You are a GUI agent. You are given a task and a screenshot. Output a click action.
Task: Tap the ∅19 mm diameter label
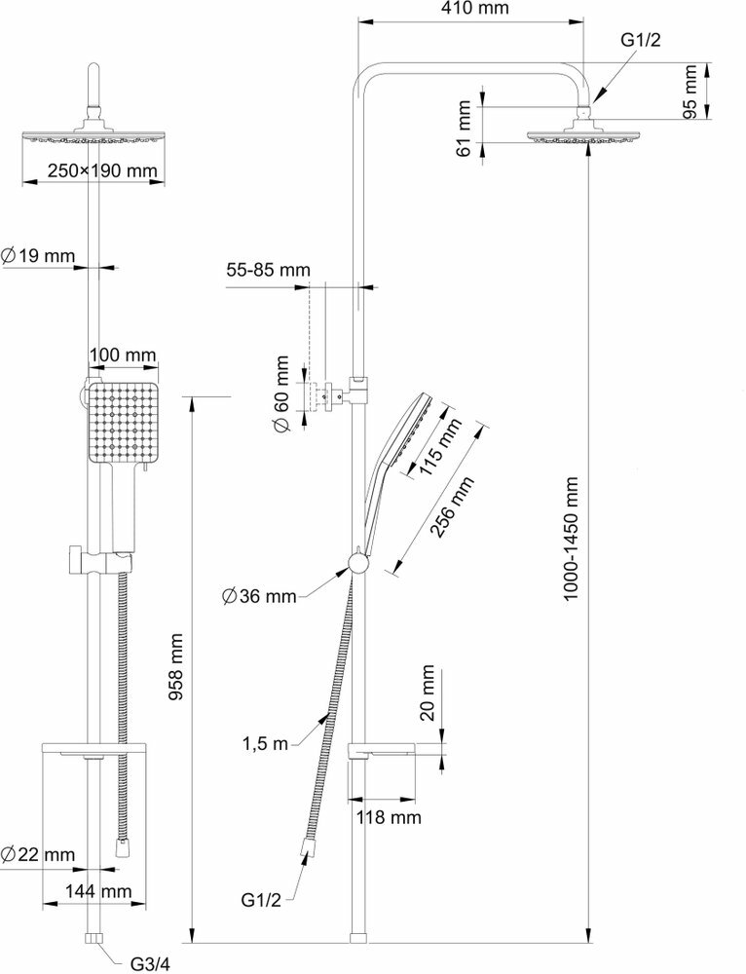pyautogui.click(x=39, y=256)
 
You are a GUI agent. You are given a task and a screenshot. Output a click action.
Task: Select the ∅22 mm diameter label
pyautogui.click(x=39, y=854)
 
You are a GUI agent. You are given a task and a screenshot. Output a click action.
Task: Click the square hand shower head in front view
pyautogui.click(x=121, y=423)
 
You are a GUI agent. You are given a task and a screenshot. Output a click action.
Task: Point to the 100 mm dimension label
pyautogui.click(x=123, y=356)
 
